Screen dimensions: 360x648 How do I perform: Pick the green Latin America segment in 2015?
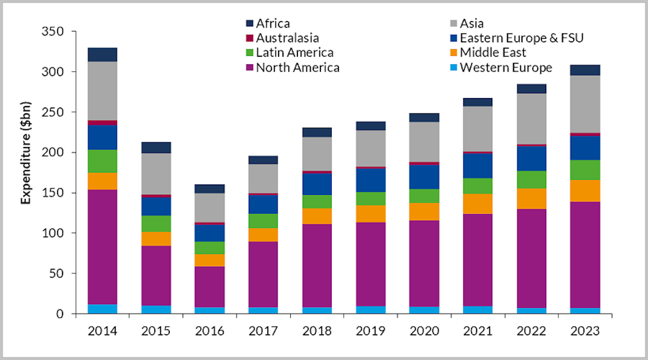(x=156, y=224)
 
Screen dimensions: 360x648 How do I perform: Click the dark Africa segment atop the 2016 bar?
(x=210, y=189)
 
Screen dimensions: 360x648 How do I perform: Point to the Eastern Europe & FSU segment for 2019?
(x=370, y=180)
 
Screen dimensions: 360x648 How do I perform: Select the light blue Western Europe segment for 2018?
(x=317, y=310)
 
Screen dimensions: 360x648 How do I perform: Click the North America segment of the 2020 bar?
(x=424, y=263)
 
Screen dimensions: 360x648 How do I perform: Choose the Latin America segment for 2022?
(x=531, y=180)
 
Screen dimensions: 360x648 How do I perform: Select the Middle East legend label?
(x=493, y=53)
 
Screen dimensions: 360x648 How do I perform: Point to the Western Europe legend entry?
(x=506, y=67)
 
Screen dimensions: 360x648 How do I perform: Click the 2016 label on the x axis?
(x=210, y=331)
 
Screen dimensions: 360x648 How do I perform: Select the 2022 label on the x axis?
(x=531, y=331)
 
